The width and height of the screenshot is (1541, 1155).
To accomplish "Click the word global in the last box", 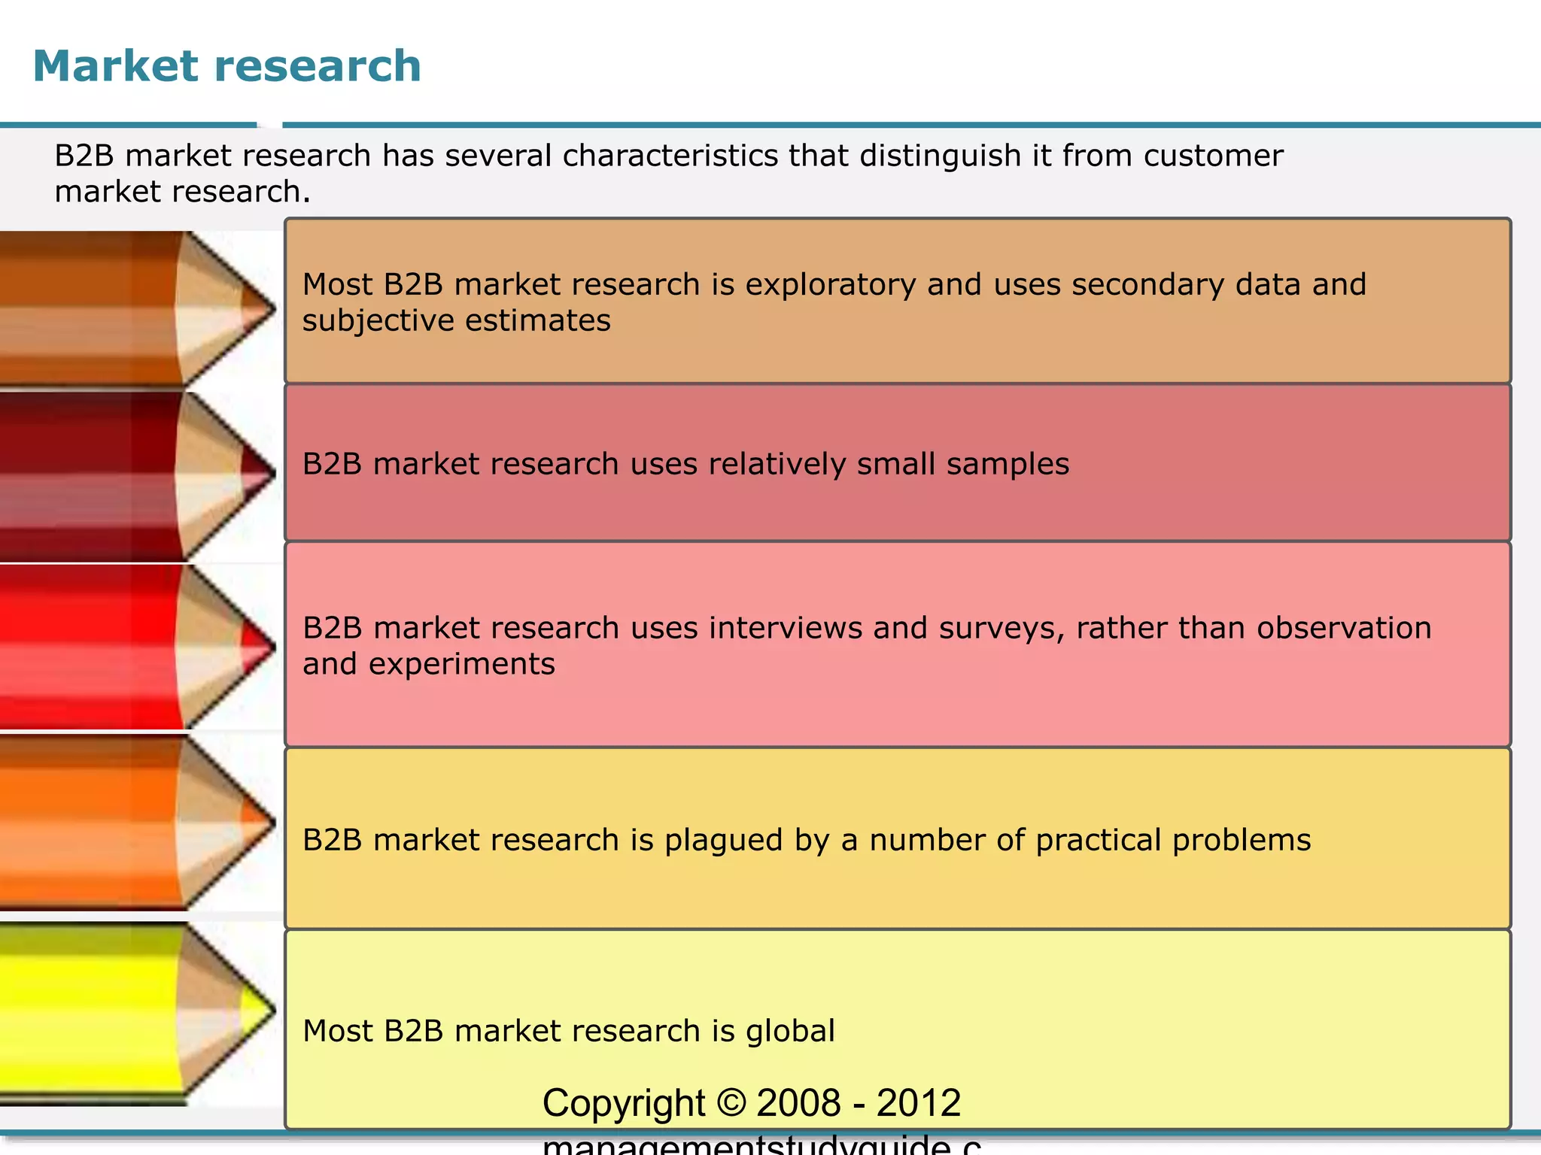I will (x=790, y=1031).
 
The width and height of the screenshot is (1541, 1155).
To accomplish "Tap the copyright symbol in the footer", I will (x=731, y=1103).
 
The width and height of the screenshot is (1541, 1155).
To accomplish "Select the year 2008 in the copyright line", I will (x=798, y=1103).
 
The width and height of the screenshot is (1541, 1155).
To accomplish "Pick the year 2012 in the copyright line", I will (x=919, y=1103).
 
